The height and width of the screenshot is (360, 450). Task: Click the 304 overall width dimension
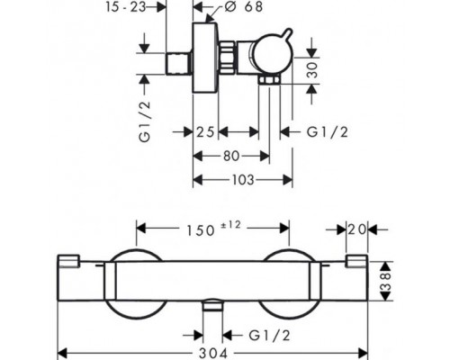coord(213,354)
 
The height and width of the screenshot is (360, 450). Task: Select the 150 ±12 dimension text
coord(213,228)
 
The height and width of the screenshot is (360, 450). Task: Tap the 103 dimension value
coord(243,180)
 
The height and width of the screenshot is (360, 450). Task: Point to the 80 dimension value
coord(231,156)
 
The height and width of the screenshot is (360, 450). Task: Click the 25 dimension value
coord(205,132)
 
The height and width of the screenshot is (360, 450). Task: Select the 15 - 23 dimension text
coord(126,7)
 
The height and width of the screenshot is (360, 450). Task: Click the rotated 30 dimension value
coord(312,70)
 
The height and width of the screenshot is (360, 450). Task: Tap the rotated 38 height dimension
coord(386,281)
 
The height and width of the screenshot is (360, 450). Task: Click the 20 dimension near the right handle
coord(357,229)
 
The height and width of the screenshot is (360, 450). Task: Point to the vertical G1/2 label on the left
coord(145,121)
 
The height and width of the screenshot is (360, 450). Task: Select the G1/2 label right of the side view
coord(328,132)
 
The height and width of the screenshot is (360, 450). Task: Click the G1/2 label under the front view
coord(270,336)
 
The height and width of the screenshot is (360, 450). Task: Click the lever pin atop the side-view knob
coord(287,33)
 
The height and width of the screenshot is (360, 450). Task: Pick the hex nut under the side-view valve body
coord(270,80)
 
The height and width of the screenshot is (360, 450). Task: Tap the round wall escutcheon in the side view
coord(205,58)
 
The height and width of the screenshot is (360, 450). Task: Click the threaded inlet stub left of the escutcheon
coord(179,64)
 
